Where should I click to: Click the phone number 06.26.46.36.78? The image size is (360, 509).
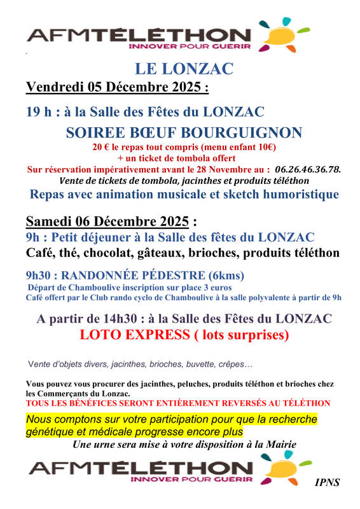(308, 169)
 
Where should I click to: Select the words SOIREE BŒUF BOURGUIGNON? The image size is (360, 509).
(184, 133)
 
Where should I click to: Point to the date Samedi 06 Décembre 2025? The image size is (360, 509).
(107, 221)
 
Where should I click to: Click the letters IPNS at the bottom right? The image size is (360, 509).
(327, 482)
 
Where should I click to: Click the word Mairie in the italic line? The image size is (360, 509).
(279, 444)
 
